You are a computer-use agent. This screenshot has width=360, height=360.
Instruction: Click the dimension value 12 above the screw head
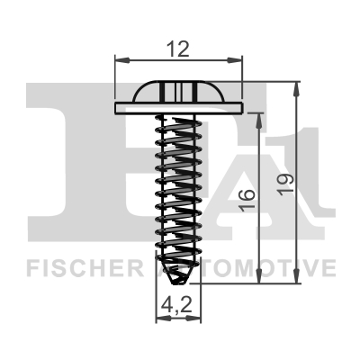[178, 49]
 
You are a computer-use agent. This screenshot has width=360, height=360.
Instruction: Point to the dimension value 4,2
[176, 304]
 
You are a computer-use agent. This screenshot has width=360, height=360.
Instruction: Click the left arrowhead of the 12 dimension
[122, 60]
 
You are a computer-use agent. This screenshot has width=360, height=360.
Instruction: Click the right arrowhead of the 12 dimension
[234, 60]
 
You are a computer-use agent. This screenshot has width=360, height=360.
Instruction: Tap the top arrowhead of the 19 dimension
[296, 89]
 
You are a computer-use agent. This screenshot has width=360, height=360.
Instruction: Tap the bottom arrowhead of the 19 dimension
[296, 275]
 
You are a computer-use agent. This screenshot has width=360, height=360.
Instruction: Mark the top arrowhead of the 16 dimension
[259, 121]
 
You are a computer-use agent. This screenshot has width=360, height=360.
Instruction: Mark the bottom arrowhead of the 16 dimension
[259, 275]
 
